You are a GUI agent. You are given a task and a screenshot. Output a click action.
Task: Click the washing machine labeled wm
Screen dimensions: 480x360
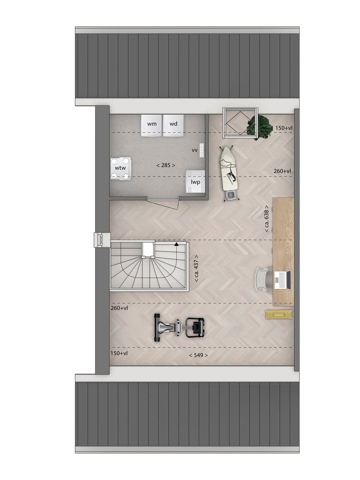tap(152, 125)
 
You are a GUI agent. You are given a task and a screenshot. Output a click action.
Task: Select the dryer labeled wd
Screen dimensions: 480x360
tap(173, 125)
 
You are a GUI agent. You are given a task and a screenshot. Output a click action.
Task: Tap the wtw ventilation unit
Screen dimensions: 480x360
tap(121, 168)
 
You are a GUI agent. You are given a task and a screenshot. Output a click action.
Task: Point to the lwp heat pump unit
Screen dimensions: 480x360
tap(195, 181)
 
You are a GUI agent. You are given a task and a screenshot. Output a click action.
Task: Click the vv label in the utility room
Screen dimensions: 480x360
tap(195, 150)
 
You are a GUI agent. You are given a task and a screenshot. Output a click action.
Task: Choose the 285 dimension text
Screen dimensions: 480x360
tap(166, 165)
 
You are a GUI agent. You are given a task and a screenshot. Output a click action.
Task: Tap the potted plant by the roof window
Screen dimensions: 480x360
tap(260, 127)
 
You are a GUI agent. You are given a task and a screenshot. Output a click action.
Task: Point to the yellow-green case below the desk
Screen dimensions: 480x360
tap(279, 314)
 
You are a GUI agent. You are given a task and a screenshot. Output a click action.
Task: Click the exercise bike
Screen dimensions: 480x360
tap(179, 328)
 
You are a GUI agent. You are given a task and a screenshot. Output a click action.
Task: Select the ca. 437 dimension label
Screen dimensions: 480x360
tap(196, 269)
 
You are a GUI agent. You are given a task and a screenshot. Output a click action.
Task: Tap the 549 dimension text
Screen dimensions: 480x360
tap(198, 355)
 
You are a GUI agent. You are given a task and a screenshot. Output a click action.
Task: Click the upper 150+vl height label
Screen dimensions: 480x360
tap(283, 128)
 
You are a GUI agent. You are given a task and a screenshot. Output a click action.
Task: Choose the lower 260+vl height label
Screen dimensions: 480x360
tap(119, 308)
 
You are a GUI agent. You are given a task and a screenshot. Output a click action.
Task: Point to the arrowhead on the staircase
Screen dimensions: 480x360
tap(176, 244)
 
